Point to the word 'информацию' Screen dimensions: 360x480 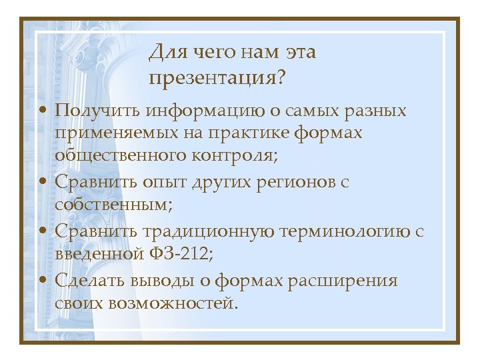click(197, 109)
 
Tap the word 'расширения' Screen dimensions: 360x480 click(343, 281)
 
